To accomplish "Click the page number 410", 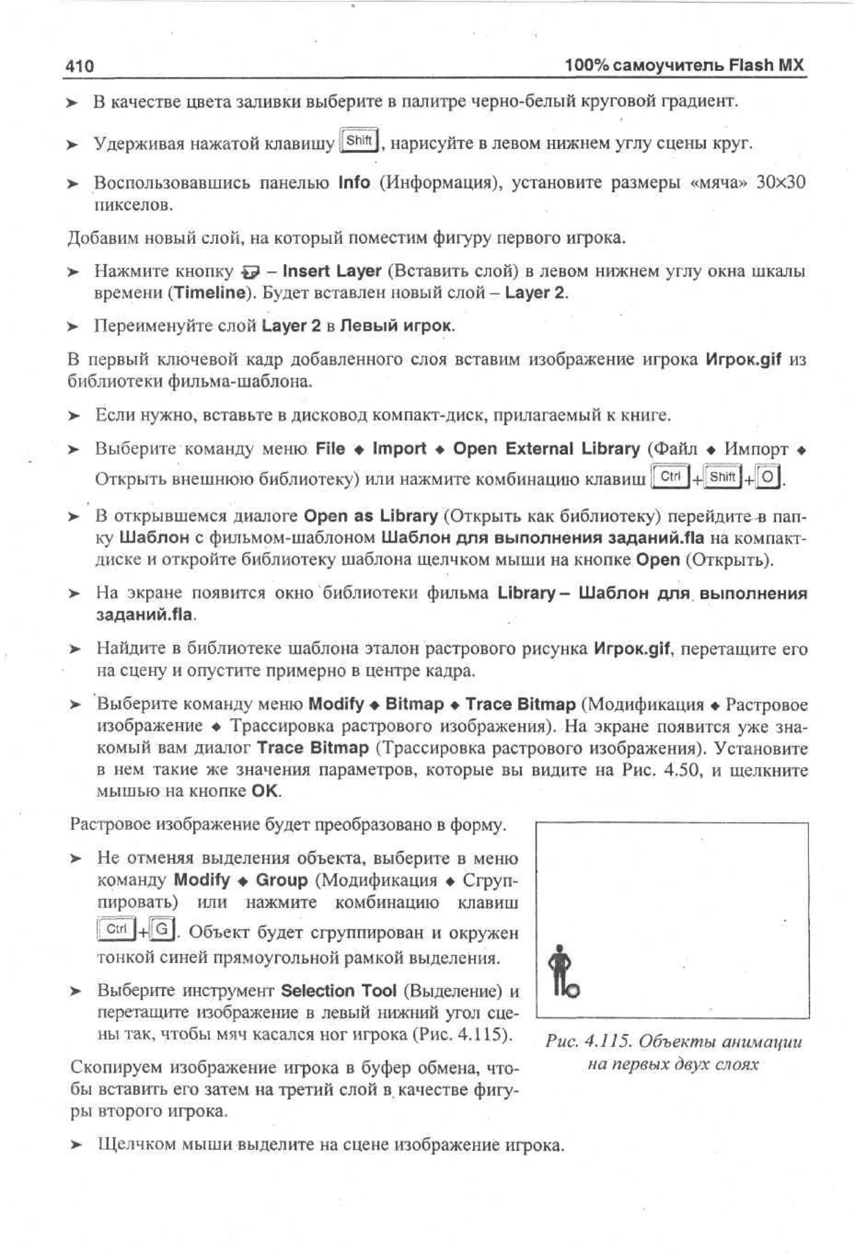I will click(x=79, y=66).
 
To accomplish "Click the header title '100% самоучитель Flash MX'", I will click(x=684, y=66).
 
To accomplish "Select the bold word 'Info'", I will click(x=354, y=182).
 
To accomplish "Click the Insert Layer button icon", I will click(x=252, y=271).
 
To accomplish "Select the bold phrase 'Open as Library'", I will click(x=371, y=516).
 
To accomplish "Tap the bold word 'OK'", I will click(x=266, y=792).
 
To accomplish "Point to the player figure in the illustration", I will click(x=559, y=968).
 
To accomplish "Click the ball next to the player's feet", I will click(x=574, y=990).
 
